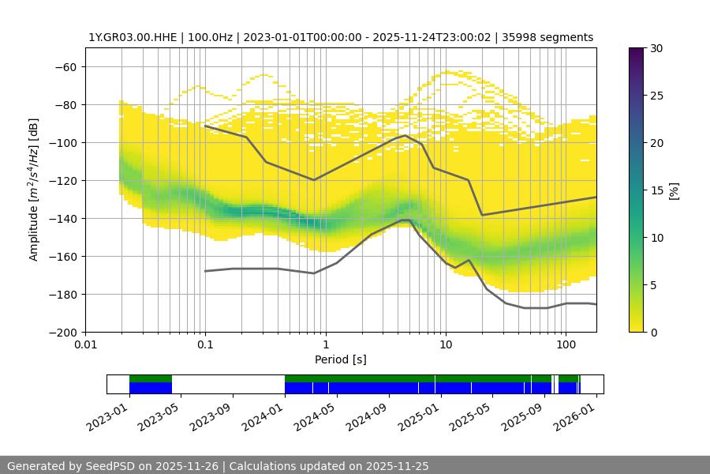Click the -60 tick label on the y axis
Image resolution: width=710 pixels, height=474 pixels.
(65, 66)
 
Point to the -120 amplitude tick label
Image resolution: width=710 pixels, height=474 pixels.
(63, 180)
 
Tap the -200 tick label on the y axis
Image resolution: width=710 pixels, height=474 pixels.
(63, 332)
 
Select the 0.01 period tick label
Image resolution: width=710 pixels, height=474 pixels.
(85, 344)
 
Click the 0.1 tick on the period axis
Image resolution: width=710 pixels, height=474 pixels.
(205, 344)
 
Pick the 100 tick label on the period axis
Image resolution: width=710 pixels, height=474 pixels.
(565, 344)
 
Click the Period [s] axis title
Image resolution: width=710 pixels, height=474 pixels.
(340, 359)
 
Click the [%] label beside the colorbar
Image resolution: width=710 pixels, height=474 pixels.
(674, 190)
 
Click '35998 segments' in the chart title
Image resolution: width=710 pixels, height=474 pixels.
(552, 37)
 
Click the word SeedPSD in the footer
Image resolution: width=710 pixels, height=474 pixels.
(110, 466)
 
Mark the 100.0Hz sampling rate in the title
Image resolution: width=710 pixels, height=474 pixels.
(213, 37)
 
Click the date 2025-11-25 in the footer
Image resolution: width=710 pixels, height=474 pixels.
(399, 466)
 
